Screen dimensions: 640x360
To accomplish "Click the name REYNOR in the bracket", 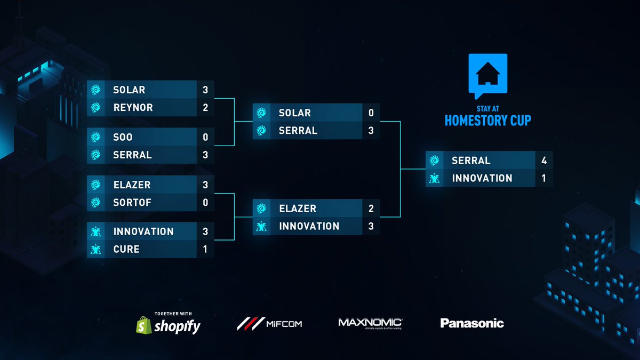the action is coord(133,107).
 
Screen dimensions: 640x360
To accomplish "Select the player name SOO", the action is coord(123,137).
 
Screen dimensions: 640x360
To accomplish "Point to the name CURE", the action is coord(126,249).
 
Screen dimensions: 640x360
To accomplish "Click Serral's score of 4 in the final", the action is coord(544,161).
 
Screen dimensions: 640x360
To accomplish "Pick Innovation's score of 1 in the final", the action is coord(544,178).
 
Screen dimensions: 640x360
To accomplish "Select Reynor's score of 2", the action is coord(205,107).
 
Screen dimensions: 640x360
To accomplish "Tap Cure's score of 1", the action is coord(205,249).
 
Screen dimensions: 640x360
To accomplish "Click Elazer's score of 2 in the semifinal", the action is coord(371,209).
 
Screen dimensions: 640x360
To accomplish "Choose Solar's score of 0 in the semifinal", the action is coord(371,113).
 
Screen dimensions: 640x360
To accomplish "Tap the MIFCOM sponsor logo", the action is coord(269,323).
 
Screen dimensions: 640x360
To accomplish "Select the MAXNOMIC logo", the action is coord(370,323).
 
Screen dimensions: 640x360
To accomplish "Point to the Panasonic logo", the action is coord(472,323).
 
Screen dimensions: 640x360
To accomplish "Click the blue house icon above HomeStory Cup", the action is coord(487,75).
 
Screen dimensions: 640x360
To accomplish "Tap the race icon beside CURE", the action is coord(96,249).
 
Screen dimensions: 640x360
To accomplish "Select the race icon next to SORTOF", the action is coord(96,203).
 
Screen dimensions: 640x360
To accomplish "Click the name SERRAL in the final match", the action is coord(471,161).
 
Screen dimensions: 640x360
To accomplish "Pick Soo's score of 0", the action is coord(205,137).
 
